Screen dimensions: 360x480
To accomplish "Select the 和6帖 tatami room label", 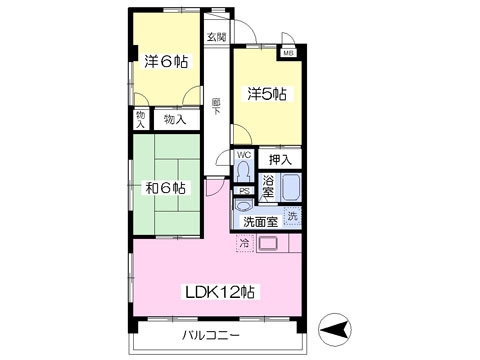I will click(x=165, y=187).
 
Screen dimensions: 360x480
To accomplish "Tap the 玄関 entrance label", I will click(x=215, y=37).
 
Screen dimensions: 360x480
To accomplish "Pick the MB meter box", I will click(x=288, y=53).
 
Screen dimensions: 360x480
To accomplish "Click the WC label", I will click(x=244, y=155).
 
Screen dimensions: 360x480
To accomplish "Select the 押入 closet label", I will click(x=280, y=159).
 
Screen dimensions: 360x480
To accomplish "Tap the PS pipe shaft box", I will click(x=244, y=190).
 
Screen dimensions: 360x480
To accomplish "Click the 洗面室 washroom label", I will click(x=260, y=221).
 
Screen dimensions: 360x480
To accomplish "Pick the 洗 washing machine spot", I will click(x=292, y=217).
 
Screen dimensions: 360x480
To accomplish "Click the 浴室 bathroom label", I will click(x=268, y=186).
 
